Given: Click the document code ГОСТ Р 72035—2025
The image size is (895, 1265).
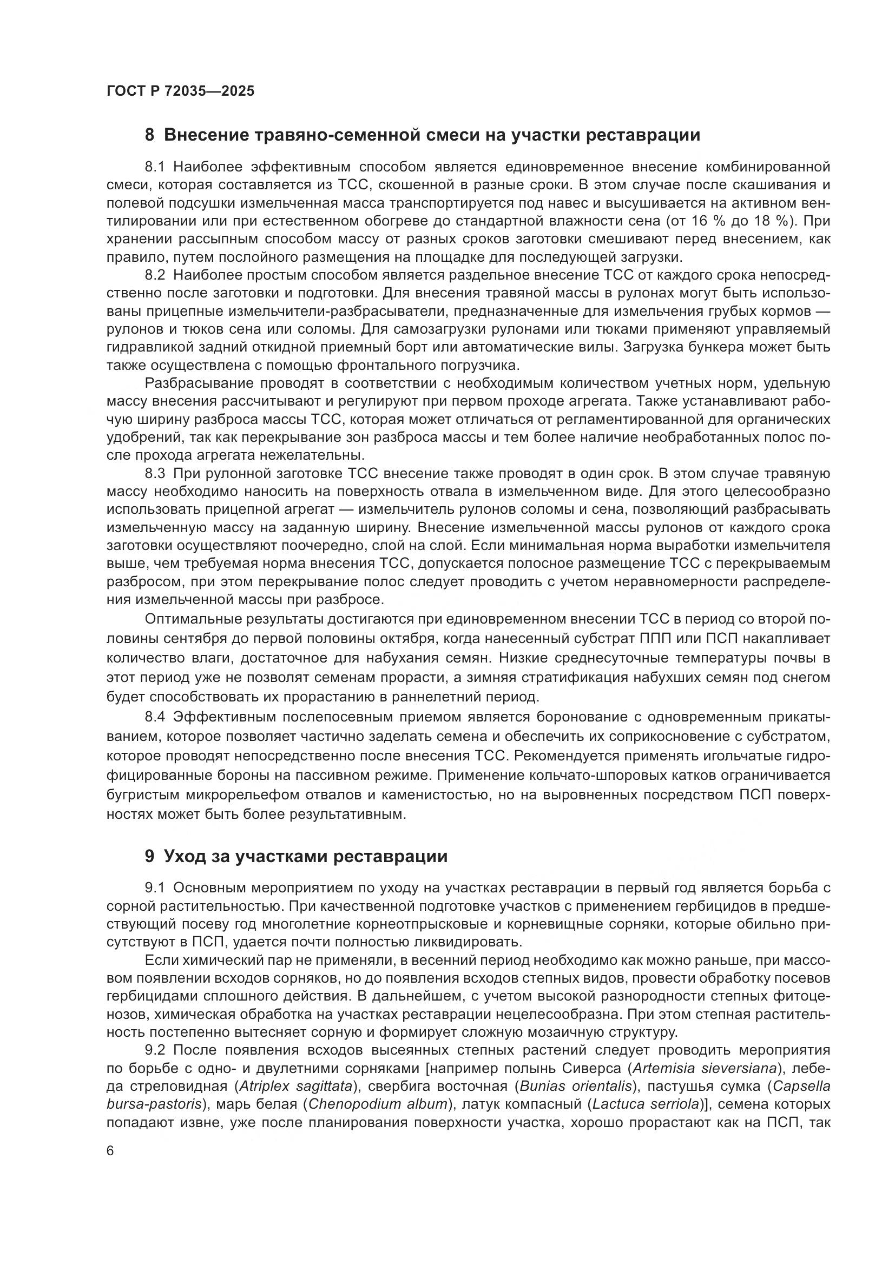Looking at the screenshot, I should (x=180, y=91).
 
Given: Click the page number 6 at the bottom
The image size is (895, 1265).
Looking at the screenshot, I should (x=110, y=1152).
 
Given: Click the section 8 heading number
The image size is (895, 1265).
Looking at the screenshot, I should (x=149, y=135).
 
